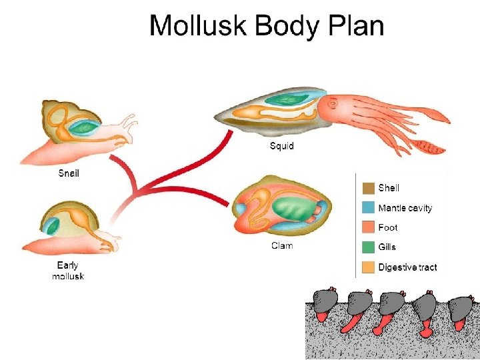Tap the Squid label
[281, 145]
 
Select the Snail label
[69, 173]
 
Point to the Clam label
[281, 246]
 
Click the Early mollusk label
[68, 271]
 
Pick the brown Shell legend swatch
[369, 188]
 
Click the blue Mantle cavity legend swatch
[369, 208]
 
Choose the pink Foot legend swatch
[369, 227]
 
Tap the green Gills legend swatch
[369, 247]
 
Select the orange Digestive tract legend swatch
[369, 267]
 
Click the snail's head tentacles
[129, 122]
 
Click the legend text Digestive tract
[407, 267]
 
